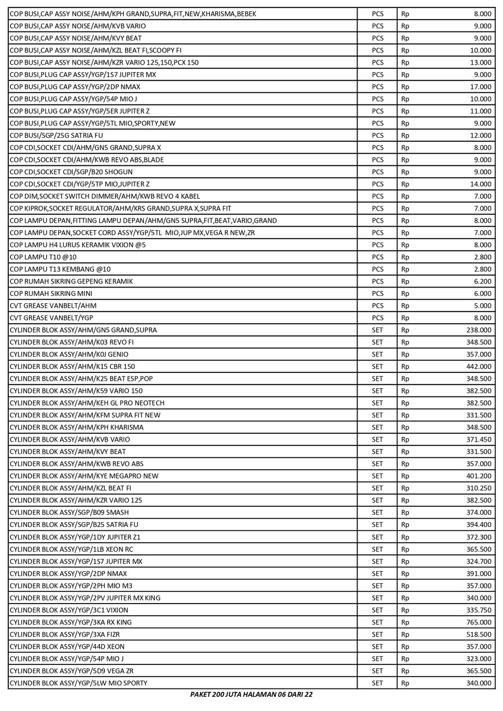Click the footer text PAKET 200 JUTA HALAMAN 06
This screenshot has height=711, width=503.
point(251,694)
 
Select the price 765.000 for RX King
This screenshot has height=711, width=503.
point(478,622)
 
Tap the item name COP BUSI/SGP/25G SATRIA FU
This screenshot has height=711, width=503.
point(56,135)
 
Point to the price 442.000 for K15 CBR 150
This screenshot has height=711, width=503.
point(478,367)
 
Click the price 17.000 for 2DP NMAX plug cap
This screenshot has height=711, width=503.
point(481,87)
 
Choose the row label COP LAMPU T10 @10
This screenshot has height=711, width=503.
point(43,257)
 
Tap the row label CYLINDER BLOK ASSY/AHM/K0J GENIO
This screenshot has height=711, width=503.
point(69,354)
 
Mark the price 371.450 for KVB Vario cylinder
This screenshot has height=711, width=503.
point(478,440)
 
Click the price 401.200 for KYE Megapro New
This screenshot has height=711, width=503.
point(478,476)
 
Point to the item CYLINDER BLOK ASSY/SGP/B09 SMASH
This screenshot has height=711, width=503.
point(69,512)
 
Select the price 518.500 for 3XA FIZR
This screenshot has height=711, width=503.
point(478,634)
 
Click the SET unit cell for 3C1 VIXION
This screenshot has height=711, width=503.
point(377,610)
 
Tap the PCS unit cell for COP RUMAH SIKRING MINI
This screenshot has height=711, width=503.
point(377,293)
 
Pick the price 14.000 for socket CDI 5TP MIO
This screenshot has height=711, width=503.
point(481,184)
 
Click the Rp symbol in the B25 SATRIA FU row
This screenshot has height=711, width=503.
point(405,525)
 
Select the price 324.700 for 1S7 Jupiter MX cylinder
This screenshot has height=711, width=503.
point(478,561)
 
